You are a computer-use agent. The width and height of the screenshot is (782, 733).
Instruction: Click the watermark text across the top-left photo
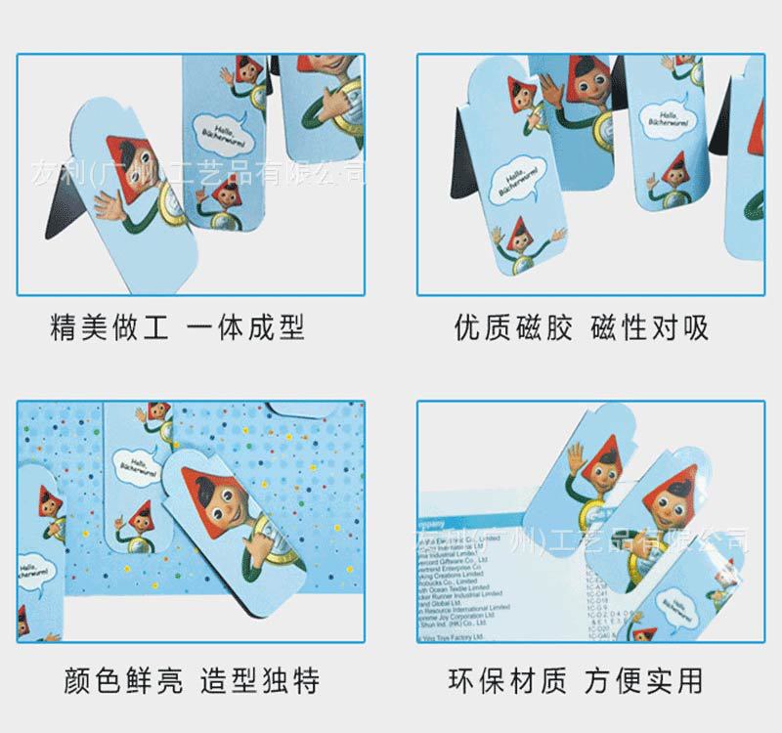pyautogui.click(x=195, y=174)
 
